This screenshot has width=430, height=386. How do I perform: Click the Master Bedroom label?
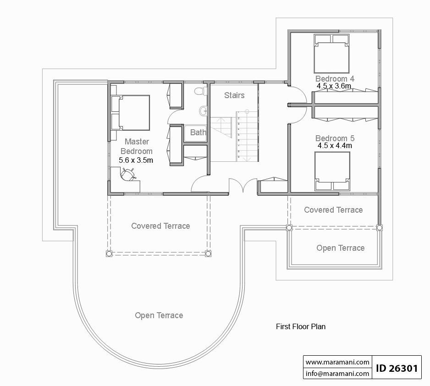[x=136, y=146]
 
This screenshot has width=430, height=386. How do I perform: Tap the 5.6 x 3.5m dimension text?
[x=136, y=160]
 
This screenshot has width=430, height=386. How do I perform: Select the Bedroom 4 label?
[x=335, y=78]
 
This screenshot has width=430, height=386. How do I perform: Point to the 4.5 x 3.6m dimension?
[x=334, y=86]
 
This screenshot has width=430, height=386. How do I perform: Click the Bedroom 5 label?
[x=335, y=138]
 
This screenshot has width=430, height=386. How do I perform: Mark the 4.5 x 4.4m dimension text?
[x=335, y=145]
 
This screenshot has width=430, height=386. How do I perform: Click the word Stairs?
[x=234, y=95]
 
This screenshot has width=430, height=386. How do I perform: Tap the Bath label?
[x=198, y=132]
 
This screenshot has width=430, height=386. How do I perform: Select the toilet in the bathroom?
[x=199, y=91]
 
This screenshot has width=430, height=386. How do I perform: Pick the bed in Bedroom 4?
[x=331, y=50]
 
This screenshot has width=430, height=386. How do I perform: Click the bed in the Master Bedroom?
[x=131, y=112]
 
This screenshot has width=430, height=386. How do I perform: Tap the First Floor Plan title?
[x=300, y=327]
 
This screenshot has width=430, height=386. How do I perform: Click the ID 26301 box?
[x=397, y=368]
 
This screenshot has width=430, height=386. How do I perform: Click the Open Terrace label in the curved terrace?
[x=159, y=315]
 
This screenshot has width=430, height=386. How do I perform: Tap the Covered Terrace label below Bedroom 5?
[x=333, y=210]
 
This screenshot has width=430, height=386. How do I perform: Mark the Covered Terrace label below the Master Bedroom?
[x=160, y=226]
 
